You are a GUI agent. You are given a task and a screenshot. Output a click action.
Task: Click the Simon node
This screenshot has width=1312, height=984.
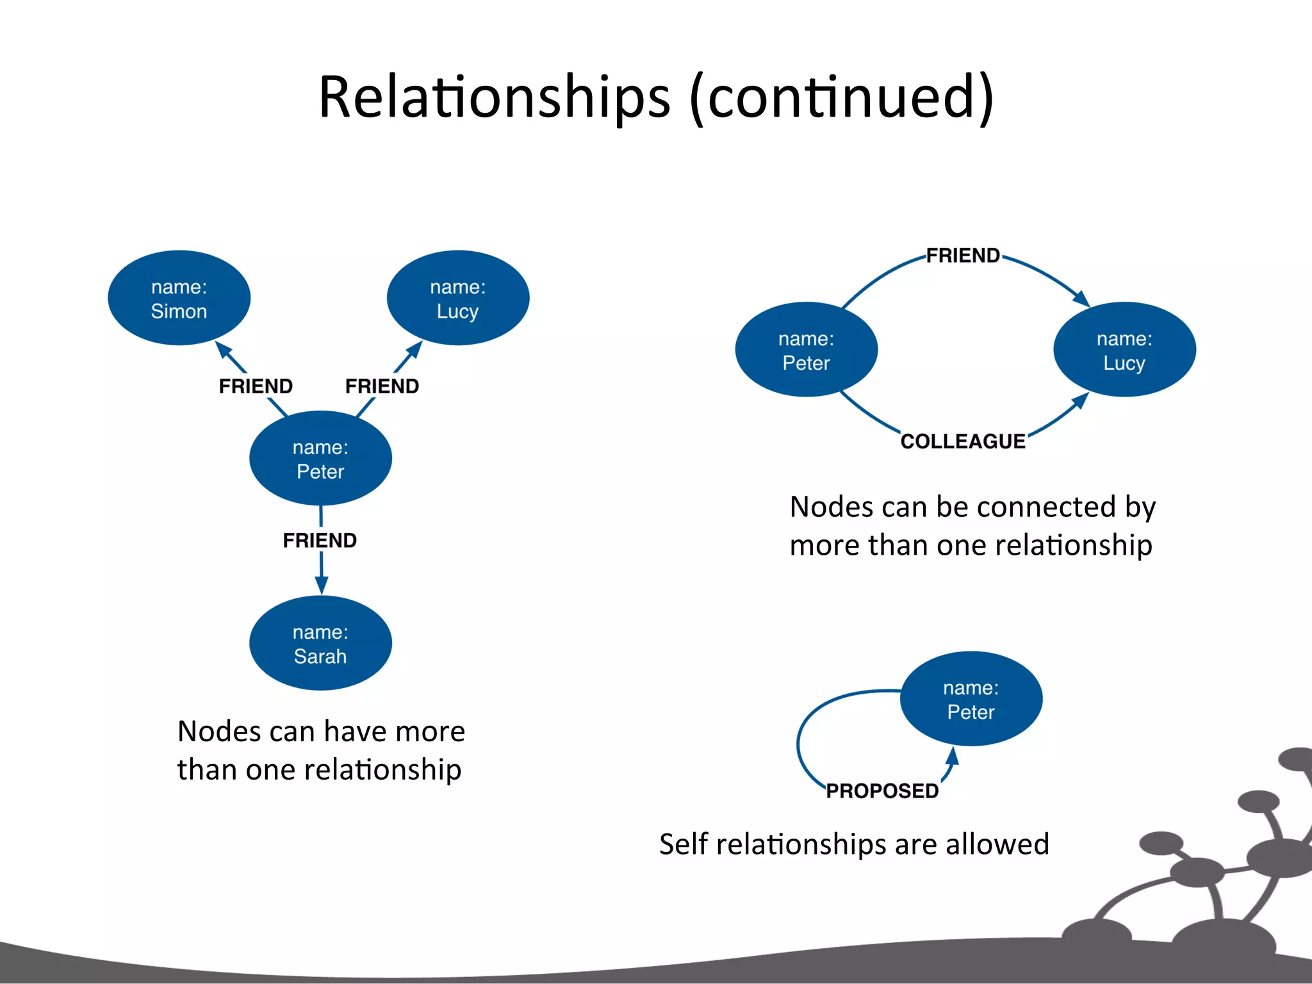coord(179,298)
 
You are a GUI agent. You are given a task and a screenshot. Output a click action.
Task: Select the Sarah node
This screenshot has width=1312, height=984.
coord(320,643)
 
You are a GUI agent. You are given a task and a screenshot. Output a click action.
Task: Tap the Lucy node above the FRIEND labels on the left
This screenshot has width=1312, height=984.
coord(458,298)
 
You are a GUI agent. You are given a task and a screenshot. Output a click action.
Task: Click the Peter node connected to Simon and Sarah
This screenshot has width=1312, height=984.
coord(320,459)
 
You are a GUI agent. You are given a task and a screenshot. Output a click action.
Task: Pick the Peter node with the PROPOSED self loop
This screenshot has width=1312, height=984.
coord(971,699)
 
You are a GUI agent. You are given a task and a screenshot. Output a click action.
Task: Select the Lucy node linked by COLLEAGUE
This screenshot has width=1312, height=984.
coord(1124,350)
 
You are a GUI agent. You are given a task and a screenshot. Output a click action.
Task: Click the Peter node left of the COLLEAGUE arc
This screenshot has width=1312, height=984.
coord(806,350)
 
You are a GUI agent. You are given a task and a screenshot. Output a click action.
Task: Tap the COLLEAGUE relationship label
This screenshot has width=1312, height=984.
coord(963,441)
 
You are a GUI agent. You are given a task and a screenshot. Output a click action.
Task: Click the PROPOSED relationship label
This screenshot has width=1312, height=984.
coord(882,791)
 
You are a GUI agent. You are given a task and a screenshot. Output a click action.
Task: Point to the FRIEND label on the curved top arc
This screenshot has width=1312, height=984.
coord(963,256)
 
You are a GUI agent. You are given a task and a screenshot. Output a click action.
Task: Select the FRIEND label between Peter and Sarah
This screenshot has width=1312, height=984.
coord(320,541)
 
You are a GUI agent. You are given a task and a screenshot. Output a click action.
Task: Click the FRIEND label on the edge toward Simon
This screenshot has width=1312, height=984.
coord(256,386)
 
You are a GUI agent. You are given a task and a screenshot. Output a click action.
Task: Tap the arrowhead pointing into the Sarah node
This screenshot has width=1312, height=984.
coord(322,585)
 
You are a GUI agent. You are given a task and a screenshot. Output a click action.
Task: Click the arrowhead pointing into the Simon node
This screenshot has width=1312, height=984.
coord(223,350)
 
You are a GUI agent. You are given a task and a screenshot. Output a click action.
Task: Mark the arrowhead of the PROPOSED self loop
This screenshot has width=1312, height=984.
coord(953,757)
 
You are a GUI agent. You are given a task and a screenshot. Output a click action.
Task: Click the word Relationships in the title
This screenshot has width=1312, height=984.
coord(494,97)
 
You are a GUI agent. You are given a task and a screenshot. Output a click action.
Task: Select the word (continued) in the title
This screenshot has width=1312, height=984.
coord(842,97)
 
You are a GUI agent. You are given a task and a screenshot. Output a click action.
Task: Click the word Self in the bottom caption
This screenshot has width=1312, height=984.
coord(683,844)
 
